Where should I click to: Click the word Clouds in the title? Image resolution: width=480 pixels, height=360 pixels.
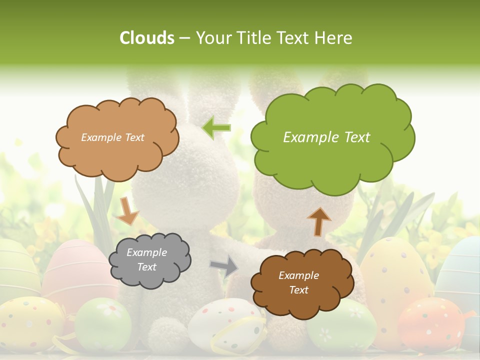[147, 38]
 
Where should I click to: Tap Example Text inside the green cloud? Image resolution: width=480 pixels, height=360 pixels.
[326, 137]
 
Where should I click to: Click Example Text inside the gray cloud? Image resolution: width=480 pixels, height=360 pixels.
[147, 260]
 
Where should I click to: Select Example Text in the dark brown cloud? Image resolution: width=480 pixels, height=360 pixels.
[298, 282]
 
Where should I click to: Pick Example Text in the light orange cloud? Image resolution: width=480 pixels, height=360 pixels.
[112, 137]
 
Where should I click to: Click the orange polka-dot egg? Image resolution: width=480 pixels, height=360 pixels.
[432, 325]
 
